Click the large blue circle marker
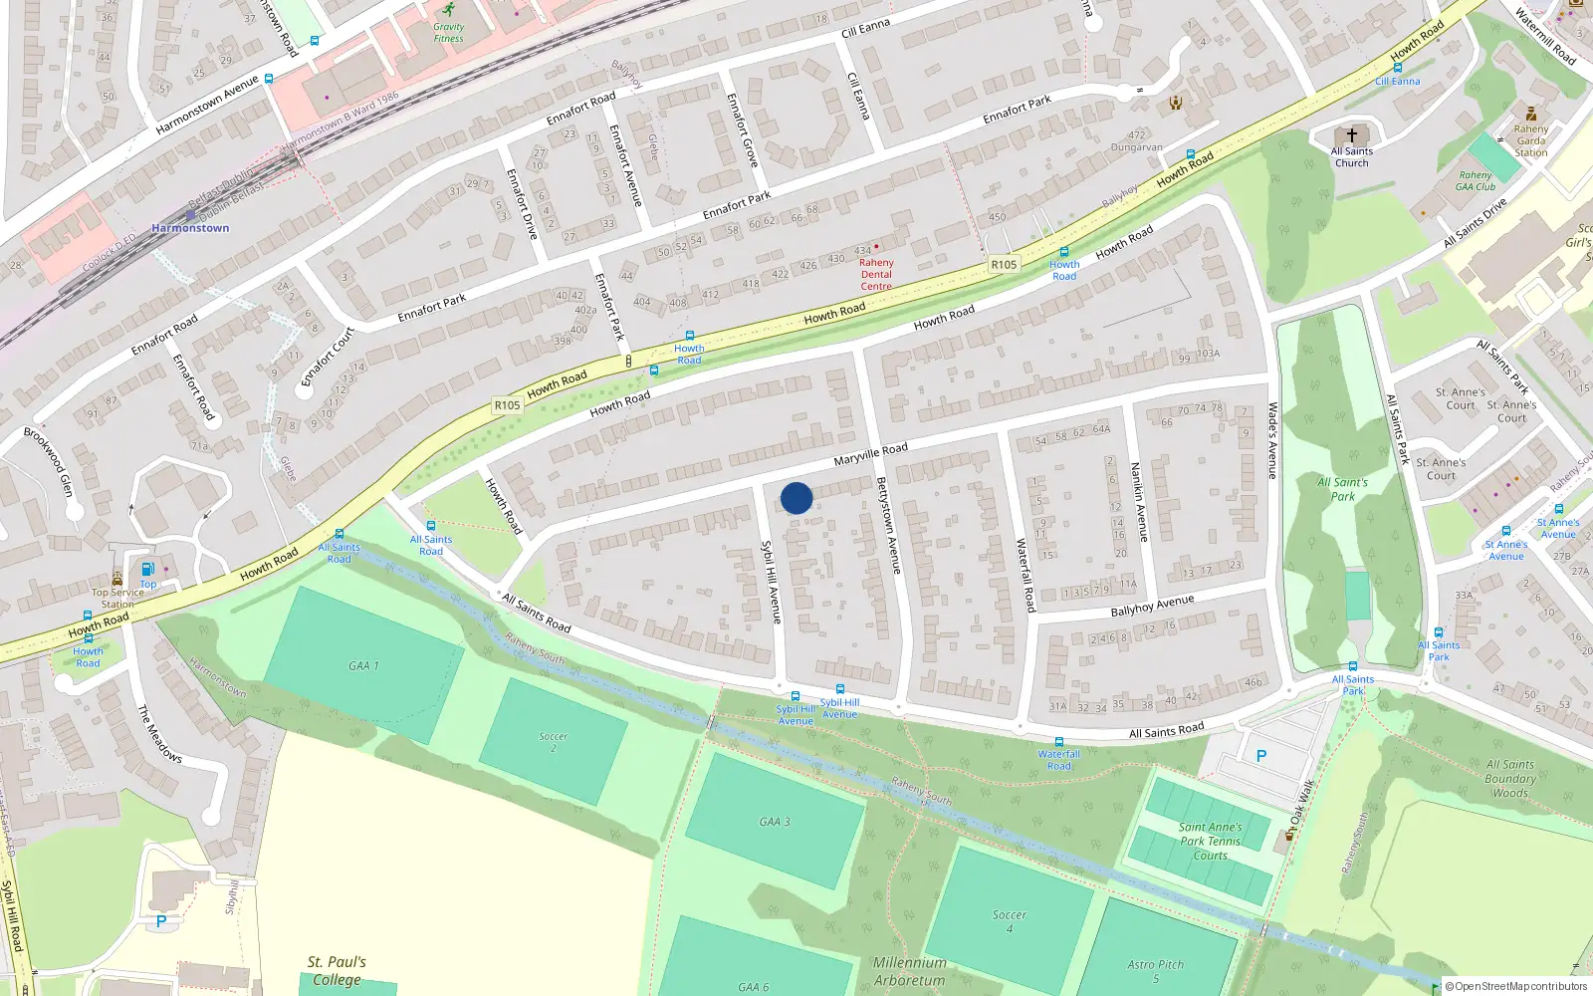796,498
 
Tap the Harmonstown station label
190,228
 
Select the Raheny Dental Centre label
876,274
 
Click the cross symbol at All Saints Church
1352,135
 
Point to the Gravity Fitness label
448,33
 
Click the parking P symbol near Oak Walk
1261,756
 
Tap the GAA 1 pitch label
363,665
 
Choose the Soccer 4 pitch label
1009,921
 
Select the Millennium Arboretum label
909,971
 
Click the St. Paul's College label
337,970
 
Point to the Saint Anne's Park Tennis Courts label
1210,841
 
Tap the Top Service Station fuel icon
147,569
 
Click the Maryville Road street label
870,454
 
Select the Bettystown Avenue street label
888,525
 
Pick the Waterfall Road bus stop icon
1058,742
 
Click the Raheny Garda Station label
1530,140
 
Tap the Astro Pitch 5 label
1156,970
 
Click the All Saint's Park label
1342,489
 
